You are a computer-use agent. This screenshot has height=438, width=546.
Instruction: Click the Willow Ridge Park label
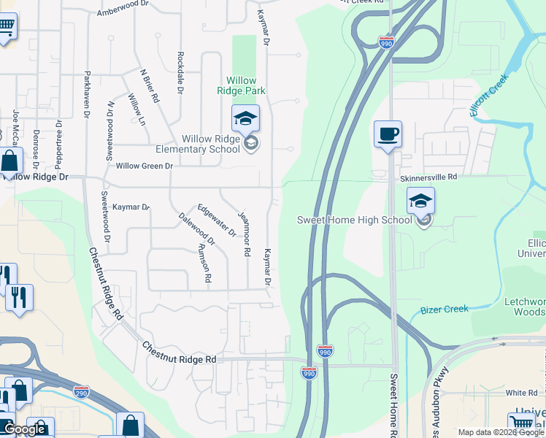point(241,85)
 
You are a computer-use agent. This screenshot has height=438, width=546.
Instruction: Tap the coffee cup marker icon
point(387,135)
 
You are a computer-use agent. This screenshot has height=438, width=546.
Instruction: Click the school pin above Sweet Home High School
point(421,201)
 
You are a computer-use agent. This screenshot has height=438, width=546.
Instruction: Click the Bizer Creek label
point(444,309)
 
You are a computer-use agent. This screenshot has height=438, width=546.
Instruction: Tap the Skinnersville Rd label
point(428,177)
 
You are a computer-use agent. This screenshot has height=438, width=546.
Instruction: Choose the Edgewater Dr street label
point(217,220)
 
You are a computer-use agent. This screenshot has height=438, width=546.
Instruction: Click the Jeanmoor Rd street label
point(245,234)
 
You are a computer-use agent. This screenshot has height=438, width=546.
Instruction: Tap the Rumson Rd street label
point(204,262)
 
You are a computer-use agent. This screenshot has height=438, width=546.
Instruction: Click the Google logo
point(24,429)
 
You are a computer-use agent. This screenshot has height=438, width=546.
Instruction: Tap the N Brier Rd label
point(150,85)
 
